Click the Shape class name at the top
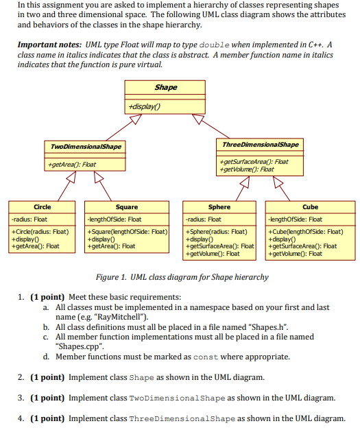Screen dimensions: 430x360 [x=166, y=87]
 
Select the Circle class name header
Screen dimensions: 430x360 [x=43, y=206]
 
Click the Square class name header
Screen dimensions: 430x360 [x=127, y=206]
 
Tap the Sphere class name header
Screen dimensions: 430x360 [x=219, y=206]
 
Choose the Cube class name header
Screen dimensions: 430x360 [x=310, y=206]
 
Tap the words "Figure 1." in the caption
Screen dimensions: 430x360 [x=115, y=278]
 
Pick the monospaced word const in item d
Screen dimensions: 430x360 [x=206, y=357]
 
